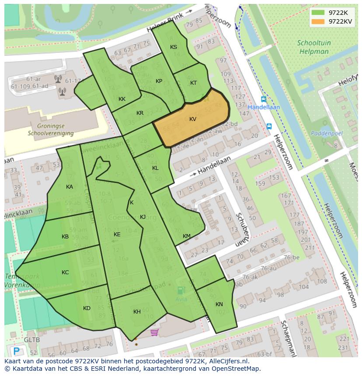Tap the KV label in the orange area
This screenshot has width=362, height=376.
(193, 119)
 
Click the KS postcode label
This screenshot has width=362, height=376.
(174, 47)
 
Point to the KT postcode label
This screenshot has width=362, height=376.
(194, 83)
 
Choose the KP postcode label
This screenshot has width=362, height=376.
(159, 81)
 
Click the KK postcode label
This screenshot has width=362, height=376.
(122, 99)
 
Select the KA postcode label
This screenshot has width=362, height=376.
(70, 187)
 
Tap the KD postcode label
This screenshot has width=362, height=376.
(87, 308)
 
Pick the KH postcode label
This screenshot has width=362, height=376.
(137, 312)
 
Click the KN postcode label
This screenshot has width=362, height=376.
(219, 304)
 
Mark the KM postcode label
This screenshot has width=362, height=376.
(187, 236)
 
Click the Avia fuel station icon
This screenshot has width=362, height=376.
(180, 290)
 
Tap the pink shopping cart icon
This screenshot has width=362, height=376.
(154, 333)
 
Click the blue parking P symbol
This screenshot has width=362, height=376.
(17, 351)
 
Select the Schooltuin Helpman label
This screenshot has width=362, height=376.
(314, 47)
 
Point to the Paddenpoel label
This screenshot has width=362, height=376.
(327, 133)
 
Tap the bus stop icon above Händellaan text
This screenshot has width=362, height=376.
(263, 100)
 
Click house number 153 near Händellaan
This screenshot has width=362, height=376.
(274, 178)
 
